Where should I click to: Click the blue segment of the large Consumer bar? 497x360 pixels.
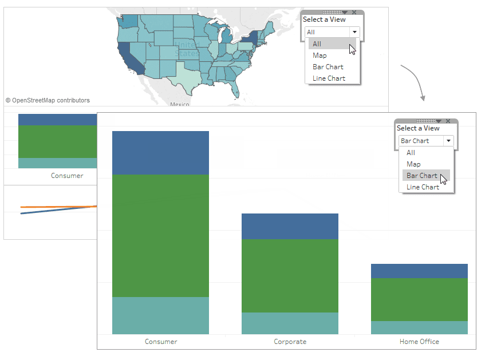160,153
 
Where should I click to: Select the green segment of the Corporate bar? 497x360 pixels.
290,276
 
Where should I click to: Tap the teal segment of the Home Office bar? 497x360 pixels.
419,327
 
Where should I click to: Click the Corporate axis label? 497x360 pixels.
290,342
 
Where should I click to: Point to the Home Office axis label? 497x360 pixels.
419,342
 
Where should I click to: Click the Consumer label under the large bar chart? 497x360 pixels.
161,342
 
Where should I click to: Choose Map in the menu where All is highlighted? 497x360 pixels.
319,56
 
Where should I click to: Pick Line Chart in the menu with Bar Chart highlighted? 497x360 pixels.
423,187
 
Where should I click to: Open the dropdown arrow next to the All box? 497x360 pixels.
354,32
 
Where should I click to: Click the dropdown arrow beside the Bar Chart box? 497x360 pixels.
448,141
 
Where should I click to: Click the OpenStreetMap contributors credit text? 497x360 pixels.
48,101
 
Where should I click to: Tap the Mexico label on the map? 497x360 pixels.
179,104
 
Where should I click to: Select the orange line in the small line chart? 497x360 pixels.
58,207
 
